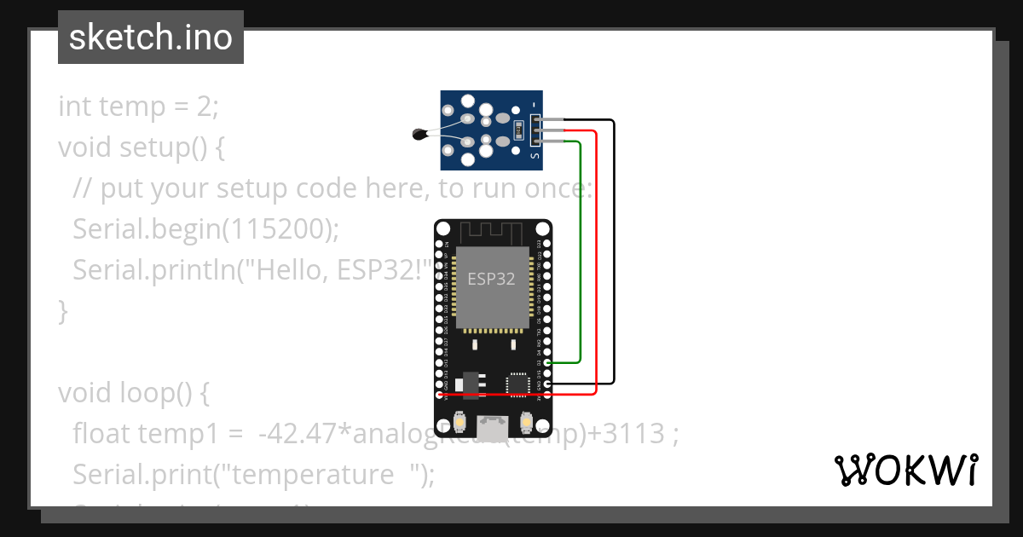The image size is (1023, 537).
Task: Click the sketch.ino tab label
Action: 151,38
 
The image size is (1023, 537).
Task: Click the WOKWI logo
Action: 905,471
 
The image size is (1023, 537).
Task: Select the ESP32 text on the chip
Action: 491,279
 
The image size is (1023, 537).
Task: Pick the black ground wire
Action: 613,256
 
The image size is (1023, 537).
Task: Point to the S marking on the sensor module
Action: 535,156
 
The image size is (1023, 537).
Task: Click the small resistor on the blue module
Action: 520,130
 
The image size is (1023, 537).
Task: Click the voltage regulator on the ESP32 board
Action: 469,381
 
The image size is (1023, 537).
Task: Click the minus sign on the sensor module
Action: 535,105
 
